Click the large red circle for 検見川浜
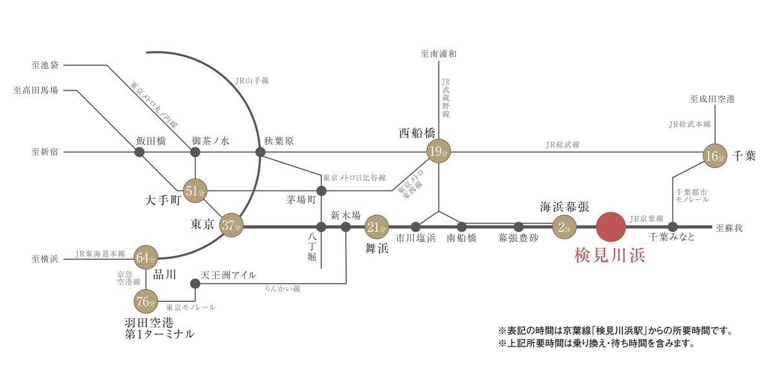coord(611,227)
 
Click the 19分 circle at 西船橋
coord(439,152)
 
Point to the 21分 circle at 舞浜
coord(376,227)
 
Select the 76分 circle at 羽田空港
coord(146,301)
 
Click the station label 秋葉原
coord(279,140)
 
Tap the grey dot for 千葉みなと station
coord(673,227)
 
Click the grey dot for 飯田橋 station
coord(139,153)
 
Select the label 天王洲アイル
coord(229,275)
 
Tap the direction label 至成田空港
coord(712,99)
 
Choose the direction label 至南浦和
coord(439,54)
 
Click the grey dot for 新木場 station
coord(346,227)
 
